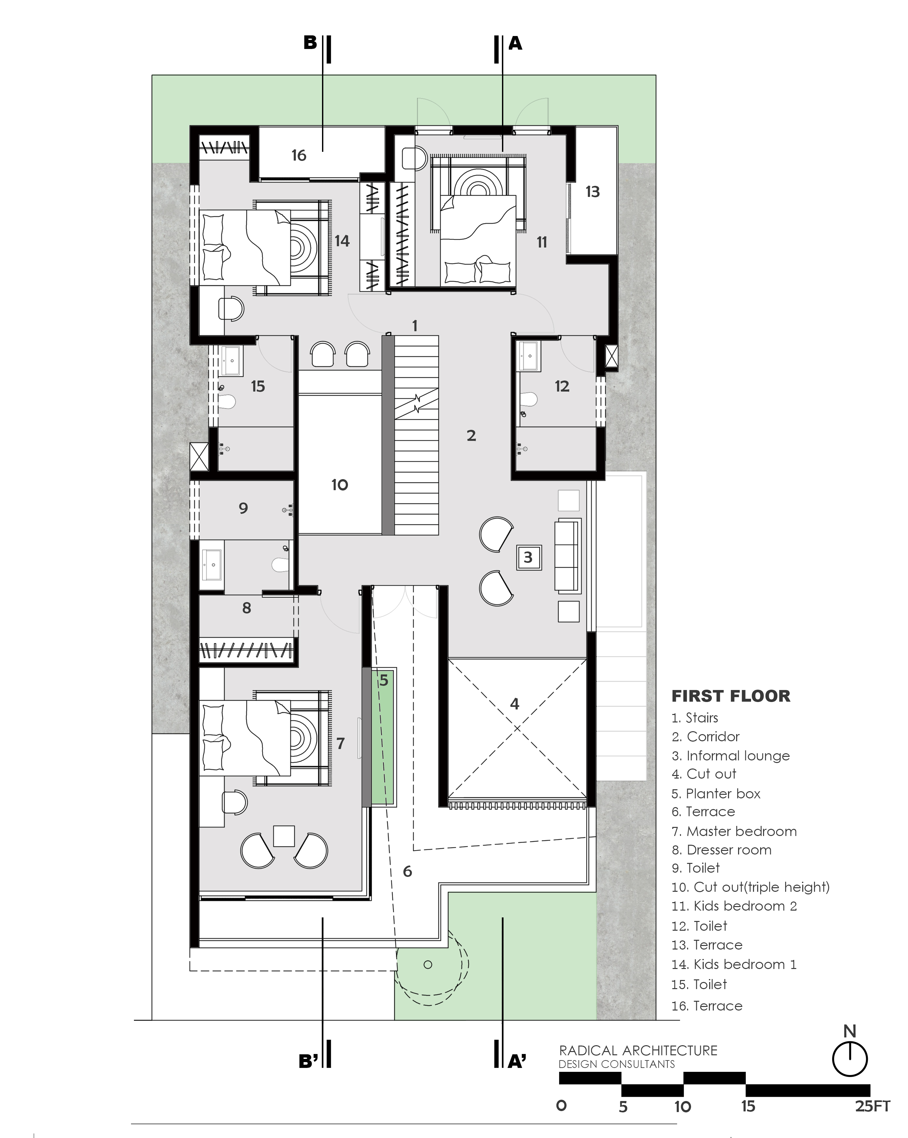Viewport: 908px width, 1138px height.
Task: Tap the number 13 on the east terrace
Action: point(592,192)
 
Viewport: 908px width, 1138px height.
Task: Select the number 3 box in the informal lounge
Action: point(529,557)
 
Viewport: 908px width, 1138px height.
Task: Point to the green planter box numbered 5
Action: point(384,737)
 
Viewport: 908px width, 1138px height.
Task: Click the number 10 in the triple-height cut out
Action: point(340,485)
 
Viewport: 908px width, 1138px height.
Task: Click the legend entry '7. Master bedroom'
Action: point(734,831)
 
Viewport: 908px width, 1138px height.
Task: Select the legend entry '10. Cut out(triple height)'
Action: point(750,887)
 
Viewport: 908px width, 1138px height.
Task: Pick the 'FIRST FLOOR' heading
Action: point(731,696)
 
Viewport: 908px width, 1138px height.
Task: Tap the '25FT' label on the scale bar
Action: point(873,1106)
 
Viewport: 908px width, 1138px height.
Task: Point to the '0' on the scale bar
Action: point(561,1106)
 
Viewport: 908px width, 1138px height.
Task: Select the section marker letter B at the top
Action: point(310,43)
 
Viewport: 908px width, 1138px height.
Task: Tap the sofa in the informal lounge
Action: point(568,555)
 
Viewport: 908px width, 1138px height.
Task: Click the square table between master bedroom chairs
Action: point(284,836)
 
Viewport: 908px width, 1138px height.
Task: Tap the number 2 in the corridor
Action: point(471,435)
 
